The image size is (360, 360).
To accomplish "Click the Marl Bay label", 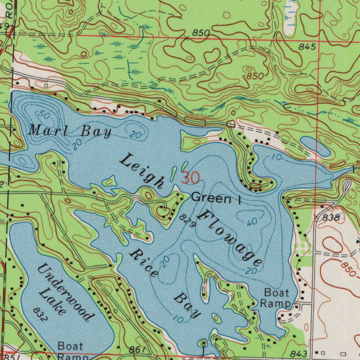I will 70,131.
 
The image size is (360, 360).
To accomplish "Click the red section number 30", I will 191,178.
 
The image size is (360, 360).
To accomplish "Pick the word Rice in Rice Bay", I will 143,263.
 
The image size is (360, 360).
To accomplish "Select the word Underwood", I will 65,292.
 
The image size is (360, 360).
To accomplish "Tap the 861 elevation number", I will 136,349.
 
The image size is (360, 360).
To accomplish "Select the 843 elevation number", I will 299,353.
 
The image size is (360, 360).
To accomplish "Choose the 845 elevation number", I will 307,47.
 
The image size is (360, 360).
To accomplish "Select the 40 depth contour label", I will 251,222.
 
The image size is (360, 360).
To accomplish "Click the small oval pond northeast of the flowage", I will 315,147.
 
